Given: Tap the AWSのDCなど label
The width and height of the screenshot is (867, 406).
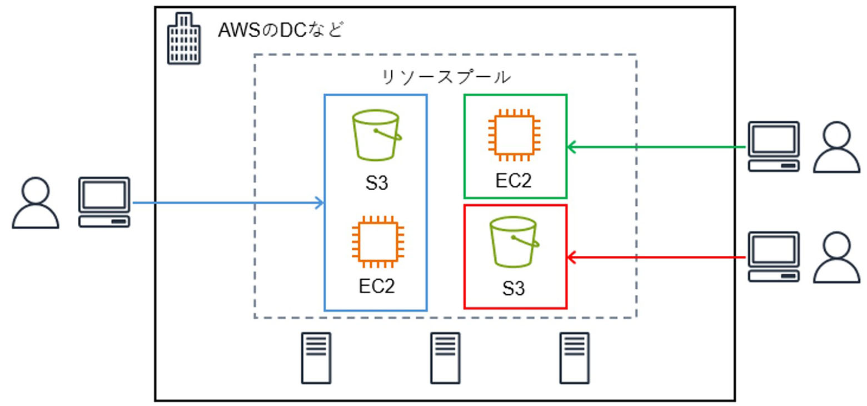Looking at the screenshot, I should click(281, 30).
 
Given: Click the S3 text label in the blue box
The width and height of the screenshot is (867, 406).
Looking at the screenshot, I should click(377, 183).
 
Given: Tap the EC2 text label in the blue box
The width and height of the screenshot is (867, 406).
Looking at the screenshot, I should click(377, 286).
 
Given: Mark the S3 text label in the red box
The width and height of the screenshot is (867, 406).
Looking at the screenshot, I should click(514, 289).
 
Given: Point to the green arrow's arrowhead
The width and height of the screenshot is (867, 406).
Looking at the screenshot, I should click(571, 147).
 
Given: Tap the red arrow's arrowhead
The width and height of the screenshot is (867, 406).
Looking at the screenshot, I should click(571, 258).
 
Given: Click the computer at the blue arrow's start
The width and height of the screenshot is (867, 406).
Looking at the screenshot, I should click(104, 201).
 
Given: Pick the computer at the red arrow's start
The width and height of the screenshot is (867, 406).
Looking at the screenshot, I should click(774, 257).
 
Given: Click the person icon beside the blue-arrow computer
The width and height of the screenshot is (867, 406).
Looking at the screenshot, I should click(36, 203).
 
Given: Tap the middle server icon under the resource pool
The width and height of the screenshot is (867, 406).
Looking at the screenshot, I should click(445, 358).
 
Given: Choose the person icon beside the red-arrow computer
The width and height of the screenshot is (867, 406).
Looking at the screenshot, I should click(836, 258).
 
